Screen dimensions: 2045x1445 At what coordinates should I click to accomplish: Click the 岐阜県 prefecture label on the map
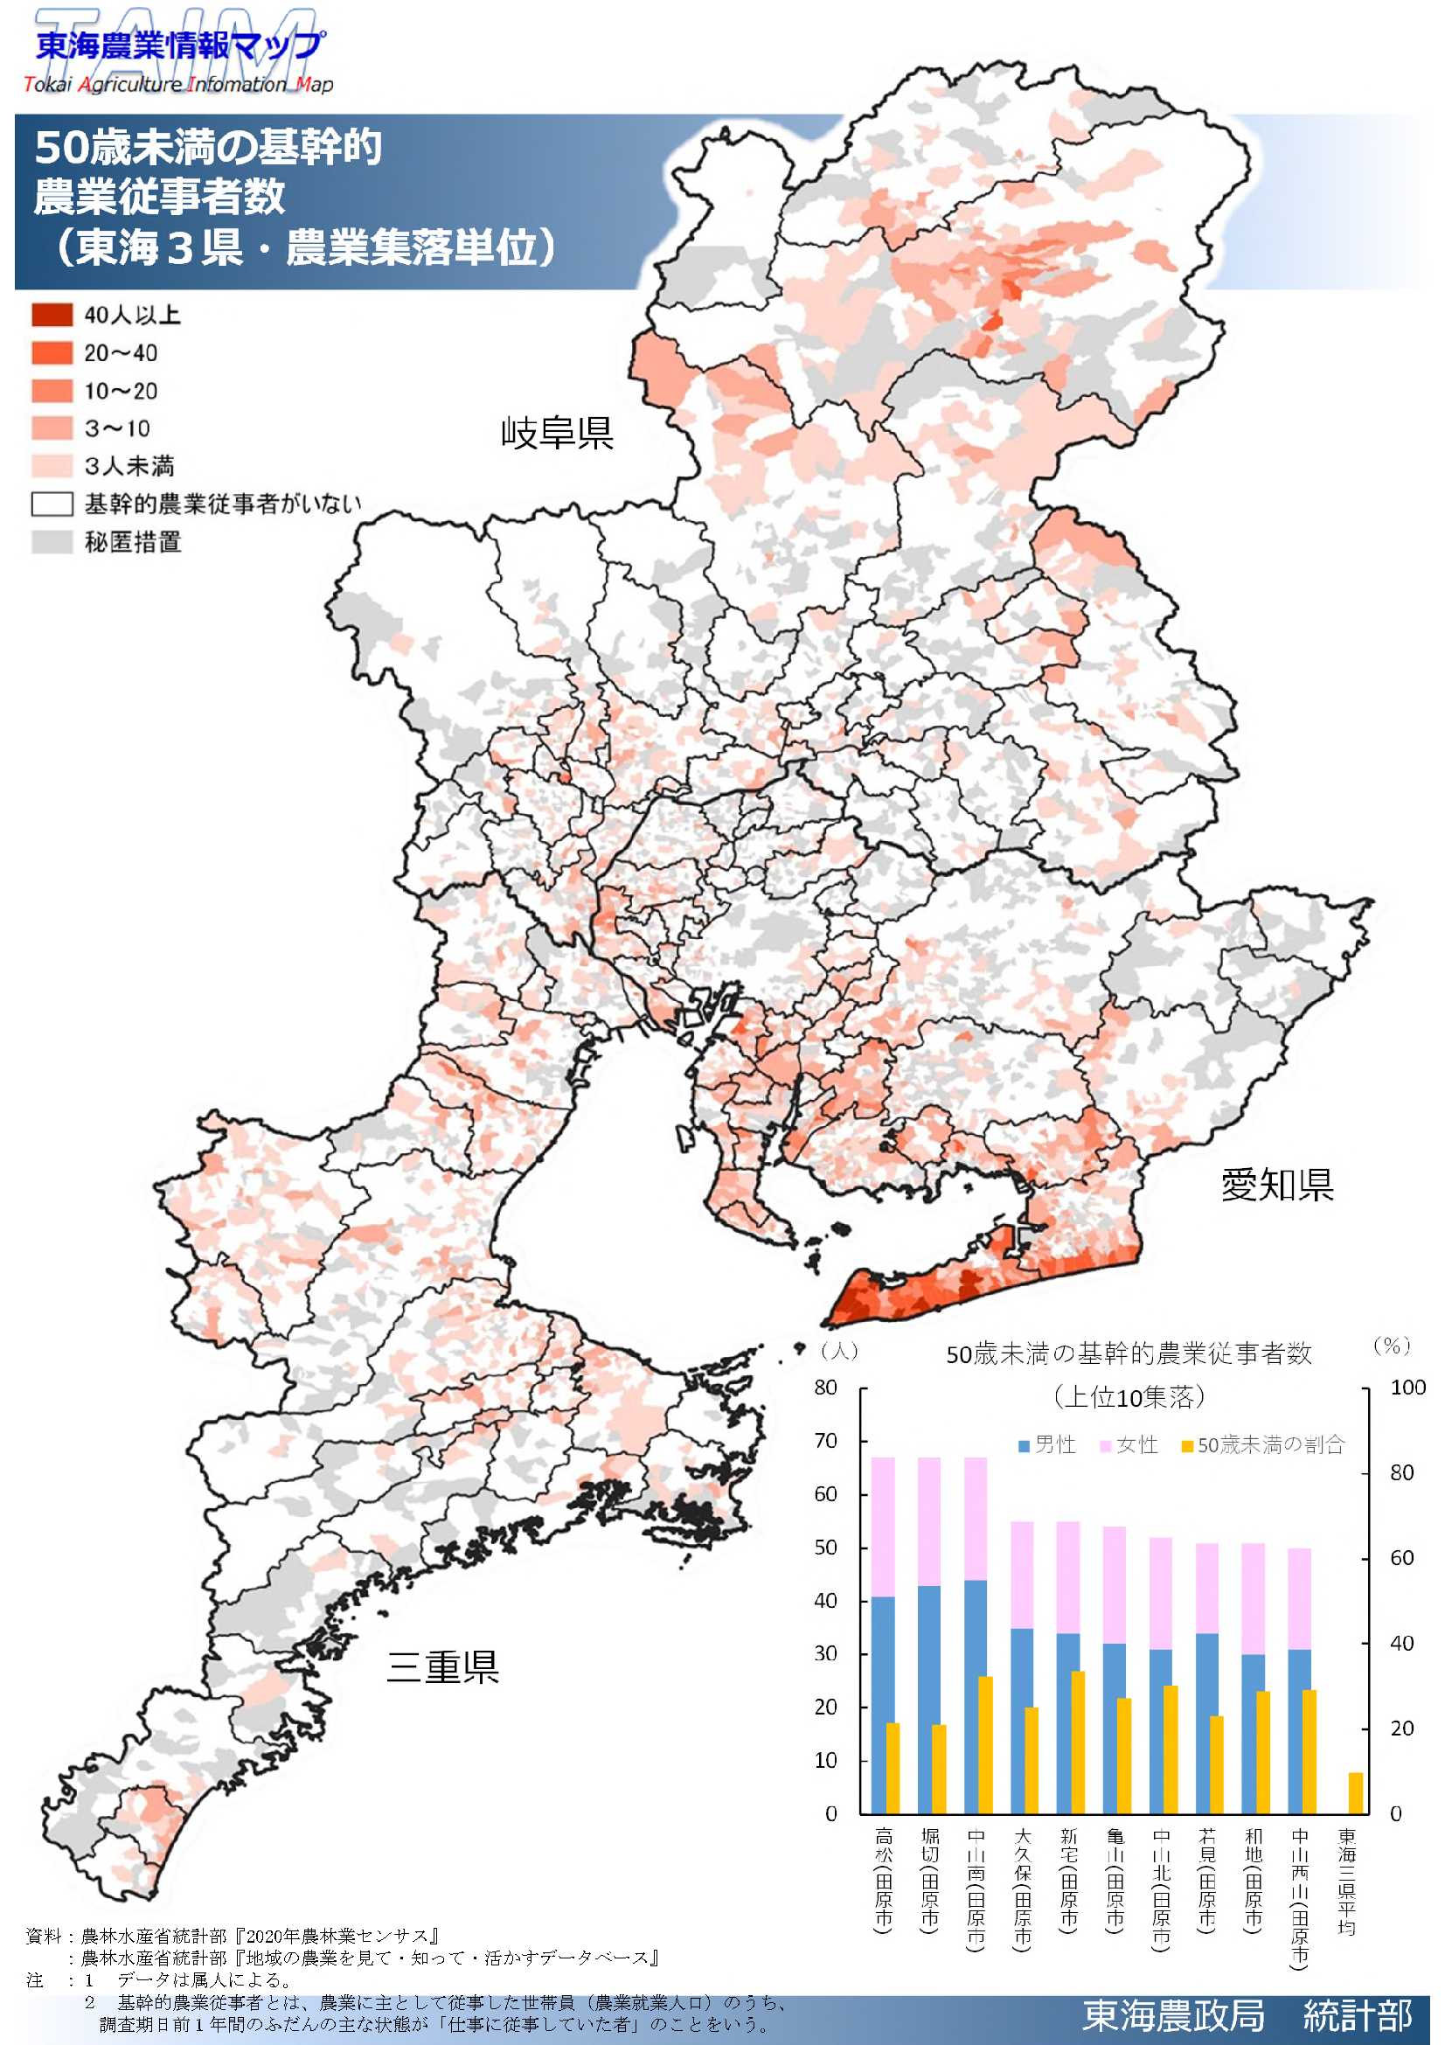(557, 433)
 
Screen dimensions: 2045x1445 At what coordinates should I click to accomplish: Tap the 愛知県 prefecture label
(1277, 1184)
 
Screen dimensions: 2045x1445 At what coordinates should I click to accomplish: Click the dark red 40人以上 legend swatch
(52, 316)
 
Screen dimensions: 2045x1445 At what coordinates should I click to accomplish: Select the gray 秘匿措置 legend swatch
(52, 541)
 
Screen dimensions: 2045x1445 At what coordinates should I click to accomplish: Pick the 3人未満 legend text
(129, 466)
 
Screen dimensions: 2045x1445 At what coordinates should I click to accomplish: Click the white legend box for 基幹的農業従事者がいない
(52, 504)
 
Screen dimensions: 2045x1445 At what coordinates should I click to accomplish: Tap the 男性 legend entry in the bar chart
(1047, 1443)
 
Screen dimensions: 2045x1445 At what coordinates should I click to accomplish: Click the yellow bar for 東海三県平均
(1356, 1792)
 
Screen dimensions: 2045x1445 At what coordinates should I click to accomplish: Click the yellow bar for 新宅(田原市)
(1077, 1742)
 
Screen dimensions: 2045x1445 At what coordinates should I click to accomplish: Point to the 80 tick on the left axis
(825, 1387)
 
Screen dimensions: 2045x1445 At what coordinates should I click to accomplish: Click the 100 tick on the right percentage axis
(1407, 1387)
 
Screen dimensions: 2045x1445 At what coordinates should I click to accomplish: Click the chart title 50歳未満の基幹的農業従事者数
(1128, 1353)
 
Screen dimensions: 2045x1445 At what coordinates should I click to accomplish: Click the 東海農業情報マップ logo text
(178, 45)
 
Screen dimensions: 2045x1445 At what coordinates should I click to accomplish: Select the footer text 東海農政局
(1172, 2014)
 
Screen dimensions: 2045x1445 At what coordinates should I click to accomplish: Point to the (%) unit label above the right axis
(1392, 1345)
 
